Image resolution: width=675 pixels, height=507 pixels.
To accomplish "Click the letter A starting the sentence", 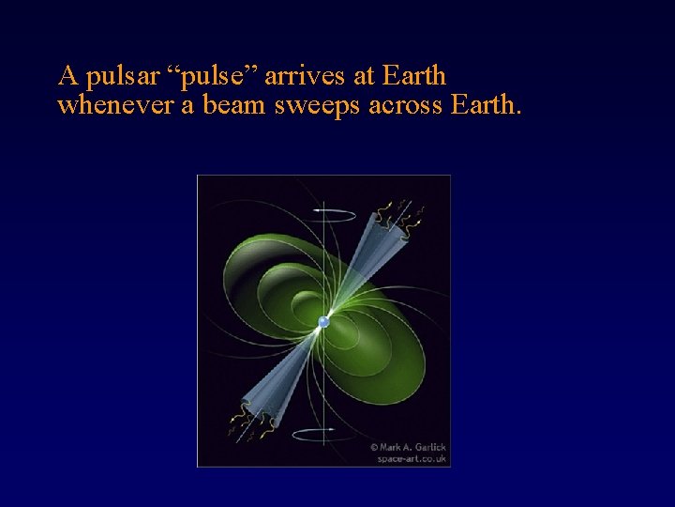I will [x=67, y=74].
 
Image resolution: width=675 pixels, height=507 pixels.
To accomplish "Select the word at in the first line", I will [x=356, y=75].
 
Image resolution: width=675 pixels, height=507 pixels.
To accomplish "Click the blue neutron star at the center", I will [x=323, y=322].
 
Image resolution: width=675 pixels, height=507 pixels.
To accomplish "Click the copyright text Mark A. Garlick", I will [x=409, y=447].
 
